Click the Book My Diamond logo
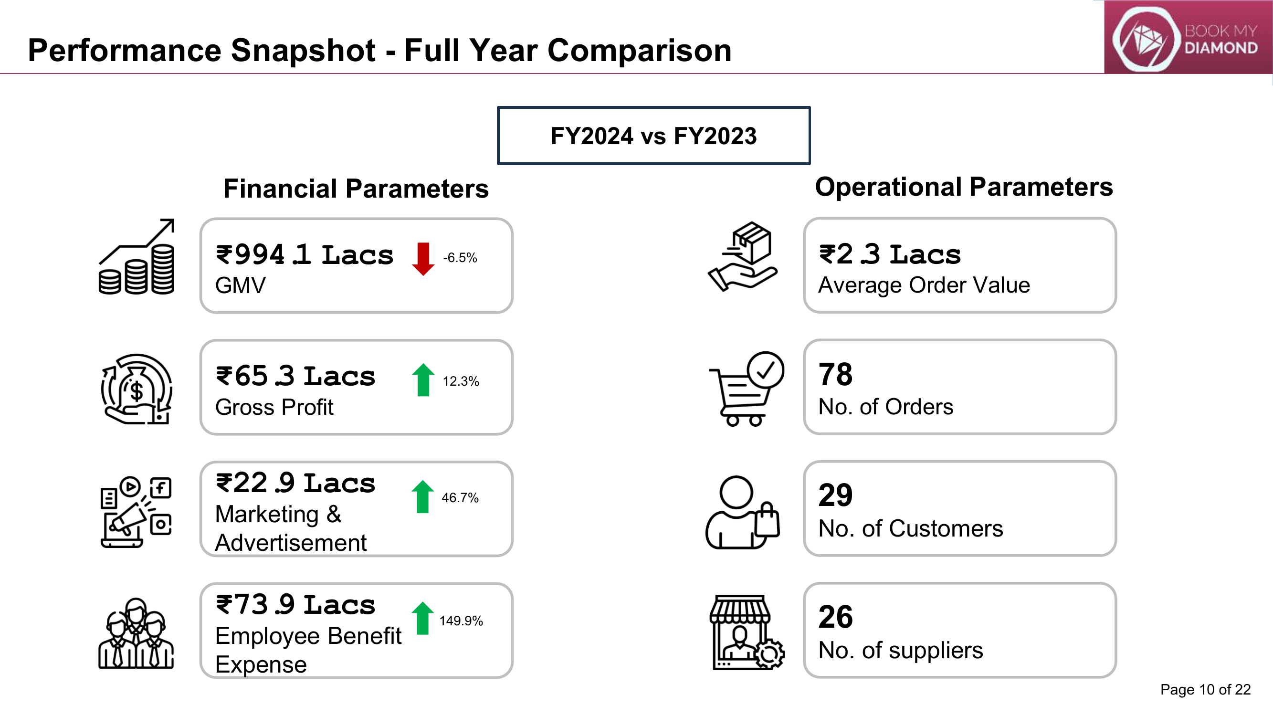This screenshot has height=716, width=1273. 1188,38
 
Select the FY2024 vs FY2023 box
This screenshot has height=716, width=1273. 653,136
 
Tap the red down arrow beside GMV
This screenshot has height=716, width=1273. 423,258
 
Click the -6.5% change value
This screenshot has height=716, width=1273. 460,258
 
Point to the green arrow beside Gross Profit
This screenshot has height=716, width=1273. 423,379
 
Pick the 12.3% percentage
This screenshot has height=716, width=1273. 461,381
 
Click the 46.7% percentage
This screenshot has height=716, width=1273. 460,497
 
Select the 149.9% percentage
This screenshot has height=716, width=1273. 461,621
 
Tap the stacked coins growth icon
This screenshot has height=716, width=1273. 137,256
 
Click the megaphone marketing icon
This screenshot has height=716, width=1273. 136,511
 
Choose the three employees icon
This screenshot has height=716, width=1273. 136,633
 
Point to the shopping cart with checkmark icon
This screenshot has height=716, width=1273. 746,389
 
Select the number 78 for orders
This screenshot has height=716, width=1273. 836,374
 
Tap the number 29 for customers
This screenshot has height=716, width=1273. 836,495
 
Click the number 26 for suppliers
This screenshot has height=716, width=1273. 836,617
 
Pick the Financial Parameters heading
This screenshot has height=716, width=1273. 356,188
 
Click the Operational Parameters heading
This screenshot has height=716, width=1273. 964,187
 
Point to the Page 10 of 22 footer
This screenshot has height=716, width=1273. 1205,689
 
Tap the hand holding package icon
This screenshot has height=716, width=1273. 743,256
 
